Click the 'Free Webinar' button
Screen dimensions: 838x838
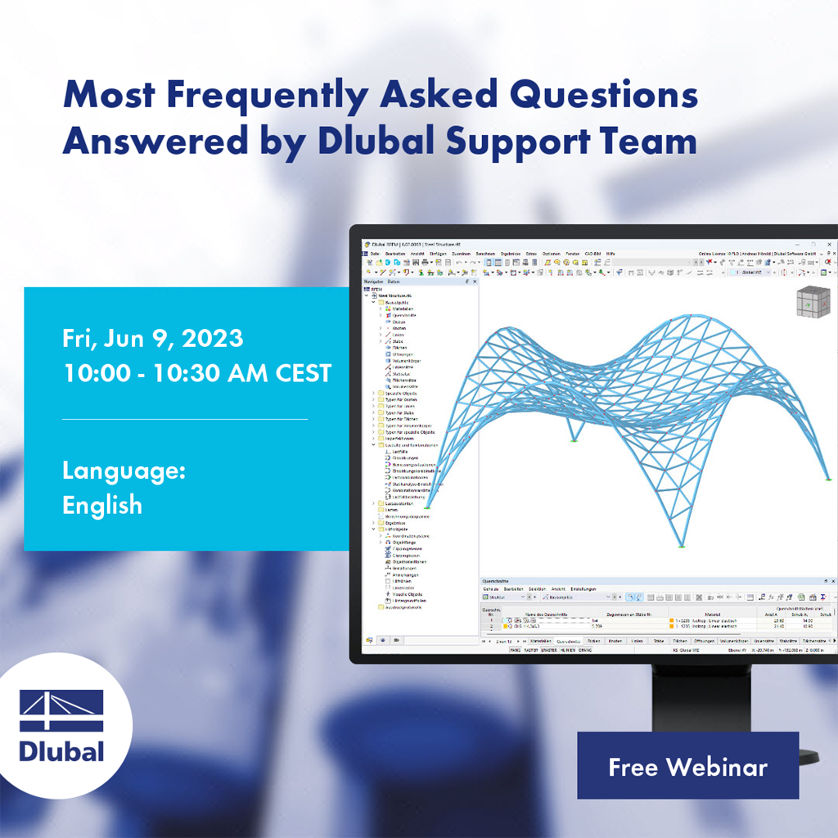(x=687, y=767)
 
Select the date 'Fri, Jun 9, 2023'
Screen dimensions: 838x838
(x=152, y=338)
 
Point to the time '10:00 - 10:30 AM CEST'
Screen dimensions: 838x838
(x=196, y=373)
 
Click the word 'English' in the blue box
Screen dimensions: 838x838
(x=102, y=505)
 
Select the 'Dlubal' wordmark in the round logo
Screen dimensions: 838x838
(x=61, y=750)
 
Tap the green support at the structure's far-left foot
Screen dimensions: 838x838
(x=426, y=508)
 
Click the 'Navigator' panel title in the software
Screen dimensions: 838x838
(x=373, y=282)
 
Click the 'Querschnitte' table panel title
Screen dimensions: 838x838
(x=502, y=580)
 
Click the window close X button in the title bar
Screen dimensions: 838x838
(x=828, y=245)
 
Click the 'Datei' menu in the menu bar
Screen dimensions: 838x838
(x=375, y=254)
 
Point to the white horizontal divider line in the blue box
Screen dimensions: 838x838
(x=185, y=419)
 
